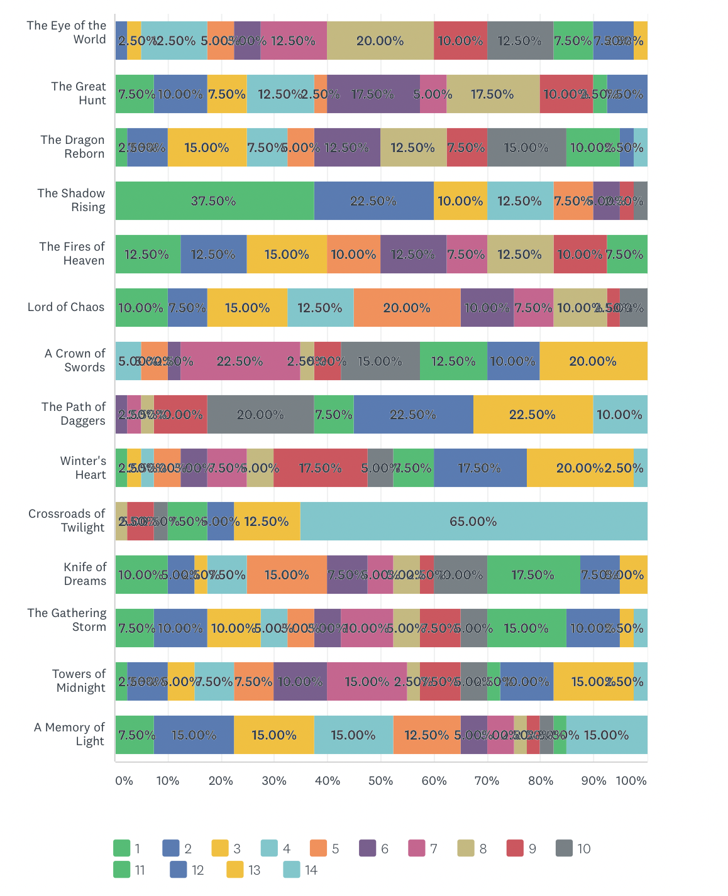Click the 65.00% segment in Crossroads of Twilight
pos(473,522)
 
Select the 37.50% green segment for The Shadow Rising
pos(214,201)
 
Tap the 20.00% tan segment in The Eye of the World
pos(380,41)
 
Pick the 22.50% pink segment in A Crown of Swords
pos(240,361)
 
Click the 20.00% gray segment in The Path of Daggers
pos(260,415)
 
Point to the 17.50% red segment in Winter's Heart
pos(320,468)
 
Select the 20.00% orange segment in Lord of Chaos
pos(407,308)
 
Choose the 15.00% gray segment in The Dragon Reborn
pos(526,148)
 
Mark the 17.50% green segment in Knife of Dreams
pos(533,575)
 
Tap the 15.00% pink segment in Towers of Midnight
pos(367,682)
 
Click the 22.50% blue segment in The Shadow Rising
pos(373,201)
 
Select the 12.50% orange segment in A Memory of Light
pos(426,735)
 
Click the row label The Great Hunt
pos(79,94)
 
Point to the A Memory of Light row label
pos(70,735)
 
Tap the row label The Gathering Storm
pos(67,620)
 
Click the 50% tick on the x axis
pos(380,781)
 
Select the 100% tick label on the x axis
pos(631,781)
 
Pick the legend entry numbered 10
pos(573,849)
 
